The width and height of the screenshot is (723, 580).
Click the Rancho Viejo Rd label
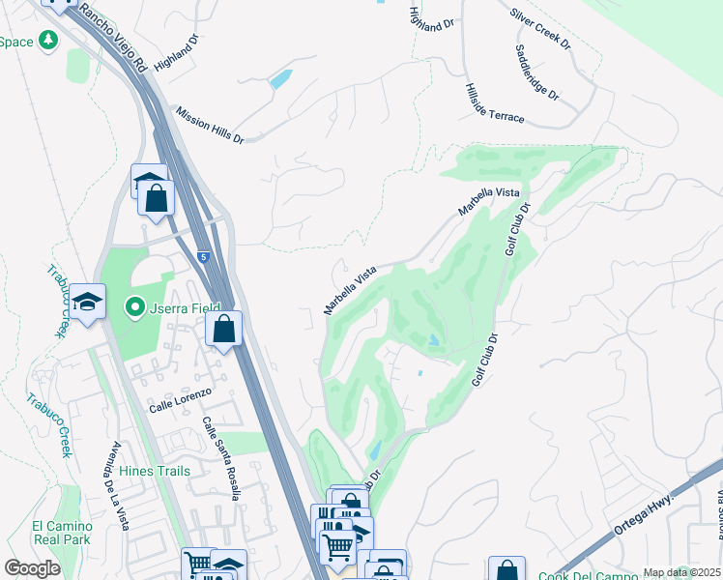(x=113, y=39)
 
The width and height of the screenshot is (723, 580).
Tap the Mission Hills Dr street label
(x=209, y=125)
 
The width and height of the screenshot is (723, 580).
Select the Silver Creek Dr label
(x=541, y=31)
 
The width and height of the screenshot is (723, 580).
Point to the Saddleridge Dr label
(x=536, y=73)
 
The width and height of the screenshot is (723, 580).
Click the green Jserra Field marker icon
(x=135, y=308)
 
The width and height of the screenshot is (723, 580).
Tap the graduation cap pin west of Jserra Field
(x=87, y=302)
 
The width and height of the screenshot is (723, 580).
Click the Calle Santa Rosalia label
(x=221, y=458)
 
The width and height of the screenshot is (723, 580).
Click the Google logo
(x=32, y=568)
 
